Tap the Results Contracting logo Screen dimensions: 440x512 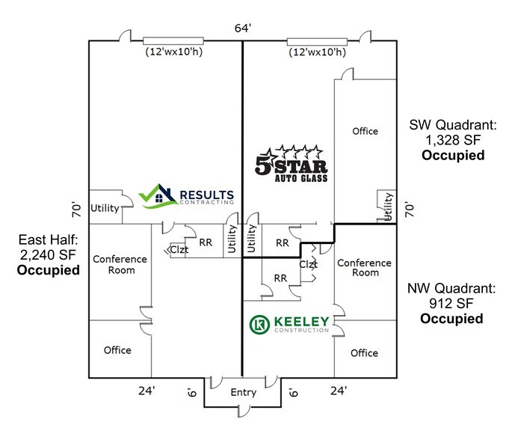pos(191,196)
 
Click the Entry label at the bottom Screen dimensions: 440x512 pos(244,393)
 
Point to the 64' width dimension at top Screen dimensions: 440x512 pos(242,28)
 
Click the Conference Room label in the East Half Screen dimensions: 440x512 pos(120,264)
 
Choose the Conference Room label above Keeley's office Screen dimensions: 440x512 pos(364,267)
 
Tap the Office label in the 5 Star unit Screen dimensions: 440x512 pos(365,131)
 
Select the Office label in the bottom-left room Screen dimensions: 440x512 pos(117,349)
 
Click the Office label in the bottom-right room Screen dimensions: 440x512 pos(364,352)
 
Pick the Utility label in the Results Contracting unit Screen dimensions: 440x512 pos(105,208)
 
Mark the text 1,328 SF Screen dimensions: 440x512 pos(452,141)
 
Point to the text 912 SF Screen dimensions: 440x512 pos(451,304)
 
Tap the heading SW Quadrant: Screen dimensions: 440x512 pos(452,125)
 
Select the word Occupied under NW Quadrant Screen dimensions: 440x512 pos(451,320)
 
